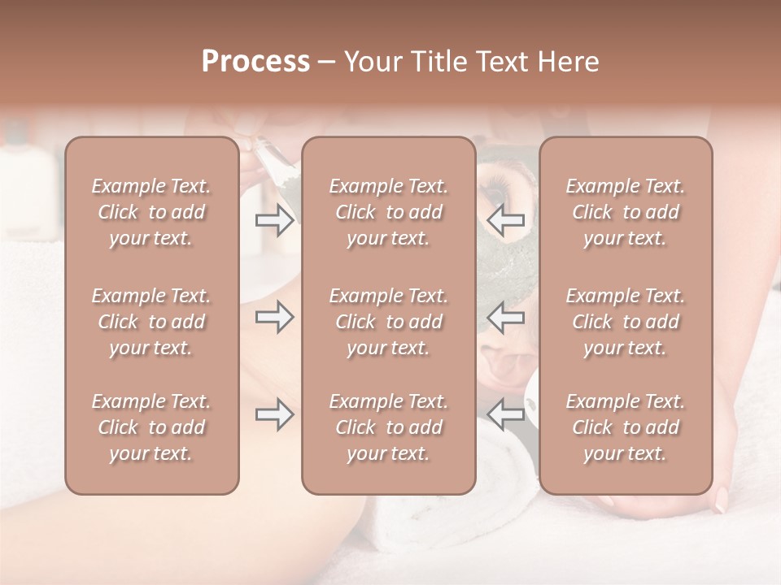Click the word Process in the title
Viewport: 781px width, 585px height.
point(255,62)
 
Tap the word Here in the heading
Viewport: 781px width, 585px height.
point(569,62)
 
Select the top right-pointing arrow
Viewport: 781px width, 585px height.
point(275,220)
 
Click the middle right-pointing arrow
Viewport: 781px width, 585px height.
point(275,317)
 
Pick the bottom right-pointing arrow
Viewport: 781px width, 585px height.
point(275,414)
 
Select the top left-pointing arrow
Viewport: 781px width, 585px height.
point(505,220)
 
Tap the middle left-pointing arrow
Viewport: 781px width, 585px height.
point(505,317)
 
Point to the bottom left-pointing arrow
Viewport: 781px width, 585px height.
point(505,414)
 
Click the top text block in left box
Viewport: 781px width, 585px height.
point(151,212)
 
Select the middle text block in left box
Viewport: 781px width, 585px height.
point(151,322)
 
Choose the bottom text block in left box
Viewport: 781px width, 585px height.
point(151,427)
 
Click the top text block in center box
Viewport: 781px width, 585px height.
point(389,212)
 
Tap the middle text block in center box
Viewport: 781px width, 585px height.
point(389,322)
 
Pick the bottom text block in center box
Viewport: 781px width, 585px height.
point(389,427)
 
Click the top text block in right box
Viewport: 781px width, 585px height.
point(626,212)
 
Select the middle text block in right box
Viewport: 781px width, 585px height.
point(626,322)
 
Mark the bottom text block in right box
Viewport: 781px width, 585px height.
point(626,427)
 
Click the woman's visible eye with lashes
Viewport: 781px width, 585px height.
point(496,191)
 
